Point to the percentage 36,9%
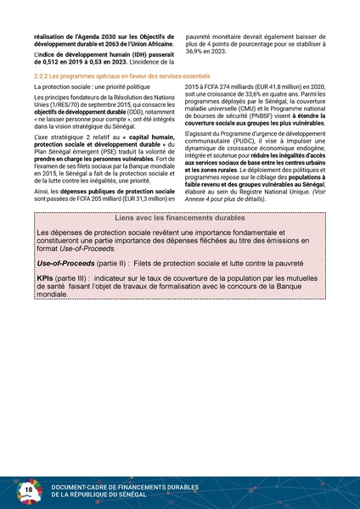point(196,53)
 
